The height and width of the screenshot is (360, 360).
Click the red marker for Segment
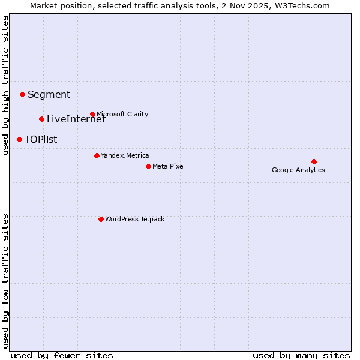(22, 94)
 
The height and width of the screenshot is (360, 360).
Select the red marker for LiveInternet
(41, 119)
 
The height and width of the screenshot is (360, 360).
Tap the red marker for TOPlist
(19, 139)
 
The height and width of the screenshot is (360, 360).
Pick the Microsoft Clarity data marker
(92, 114)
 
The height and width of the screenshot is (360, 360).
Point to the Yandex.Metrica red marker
(97, 155)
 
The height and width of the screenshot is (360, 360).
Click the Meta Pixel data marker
(148, 166)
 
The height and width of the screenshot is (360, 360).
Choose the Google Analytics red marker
(314, 161)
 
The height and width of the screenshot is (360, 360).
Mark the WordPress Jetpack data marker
(101, 219)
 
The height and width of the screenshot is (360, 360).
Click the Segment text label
(49, 94)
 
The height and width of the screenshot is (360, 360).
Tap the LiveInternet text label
(76, 119)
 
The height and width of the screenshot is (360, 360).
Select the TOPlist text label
(41, 139)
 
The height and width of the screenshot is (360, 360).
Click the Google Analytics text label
(298, 170)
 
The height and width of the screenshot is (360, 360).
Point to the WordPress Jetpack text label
(134, 219)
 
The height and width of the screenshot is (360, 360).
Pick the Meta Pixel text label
(169, 166)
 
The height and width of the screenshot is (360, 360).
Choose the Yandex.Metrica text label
(125, 155)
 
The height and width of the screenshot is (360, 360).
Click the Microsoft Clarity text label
(122, 114)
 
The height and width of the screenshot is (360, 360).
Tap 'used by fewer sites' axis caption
(62, 355)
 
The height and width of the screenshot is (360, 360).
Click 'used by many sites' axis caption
(301, 355)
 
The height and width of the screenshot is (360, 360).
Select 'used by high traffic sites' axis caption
(6, 86)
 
